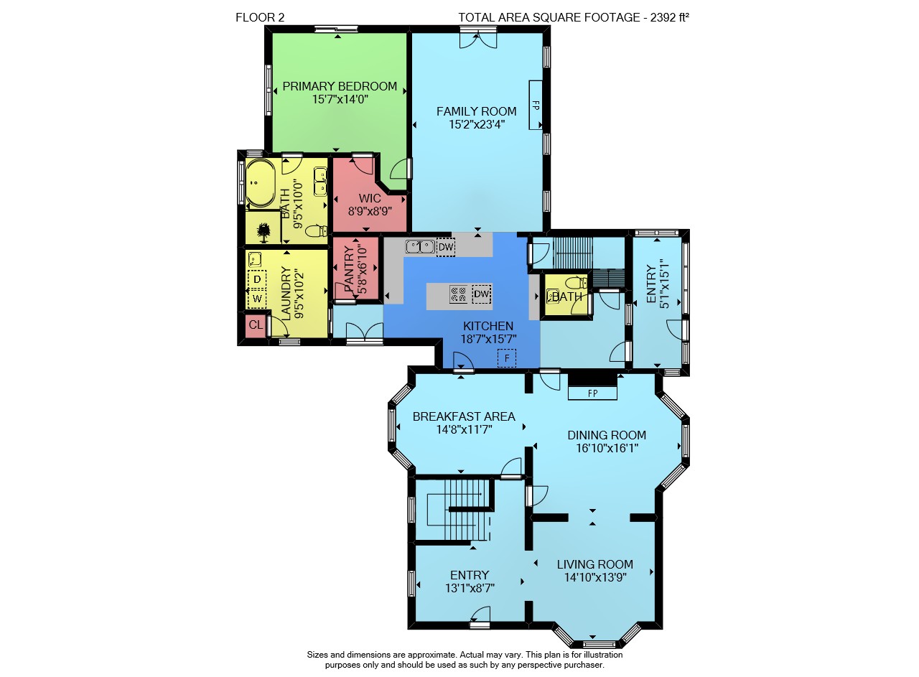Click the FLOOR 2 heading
tap(260, 18)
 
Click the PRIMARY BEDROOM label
tap(340, 86)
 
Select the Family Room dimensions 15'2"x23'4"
tap(476, 124)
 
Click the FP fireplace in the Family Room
tap(536, 105)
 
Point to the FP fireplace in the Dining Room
tap(592, 393)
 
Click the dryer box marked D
tap(257, 279)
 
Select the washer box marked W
tap(257, 298)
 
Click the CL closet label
tap(256, 325)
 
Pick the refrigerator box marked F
tap(507, 358)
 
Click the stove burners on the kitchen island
tap(458, 294)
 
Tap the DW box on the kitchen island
tap(482, 294)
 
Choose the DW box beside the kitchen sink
tap(446, 247)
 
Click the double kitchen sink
tap(420, 246)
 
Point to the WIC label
tap(370, 198)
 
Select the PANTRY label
tap(349, 269)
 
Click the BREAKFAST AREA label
tap(464, 416)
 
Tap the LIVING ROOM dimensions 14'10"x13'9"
tap(595, 577)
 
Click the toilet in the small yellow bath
tap(576, 283)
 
